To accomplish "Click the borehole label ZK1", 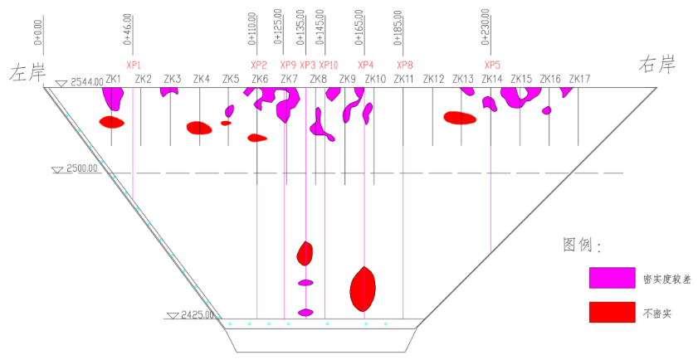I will [115, 80].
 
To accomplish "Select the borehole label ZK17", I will [580, 80].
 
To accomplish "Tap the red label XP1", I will [134, 65].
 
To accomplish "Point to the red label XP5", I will [493, 65].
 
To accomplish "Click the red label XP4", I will [365, 65].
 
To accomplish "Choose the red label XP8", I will [404, 65].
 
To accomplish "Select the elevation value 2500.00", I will [82, 168].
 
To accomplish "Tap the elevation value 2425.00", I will [198, 315].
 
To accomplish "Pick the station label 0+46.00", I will [128, 29].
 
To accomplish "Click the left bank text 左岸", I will [26, 72].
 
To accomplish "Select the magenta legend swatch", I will [612, 279].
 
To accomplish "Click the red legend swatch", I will [612, 312].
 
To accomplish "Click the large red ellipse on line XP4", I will [363, 288].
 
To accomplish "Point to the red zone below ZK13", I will [460, 118].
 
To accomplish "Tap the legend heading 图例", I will [581, 246].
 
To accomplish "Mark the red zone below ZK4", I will [199, 128].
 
